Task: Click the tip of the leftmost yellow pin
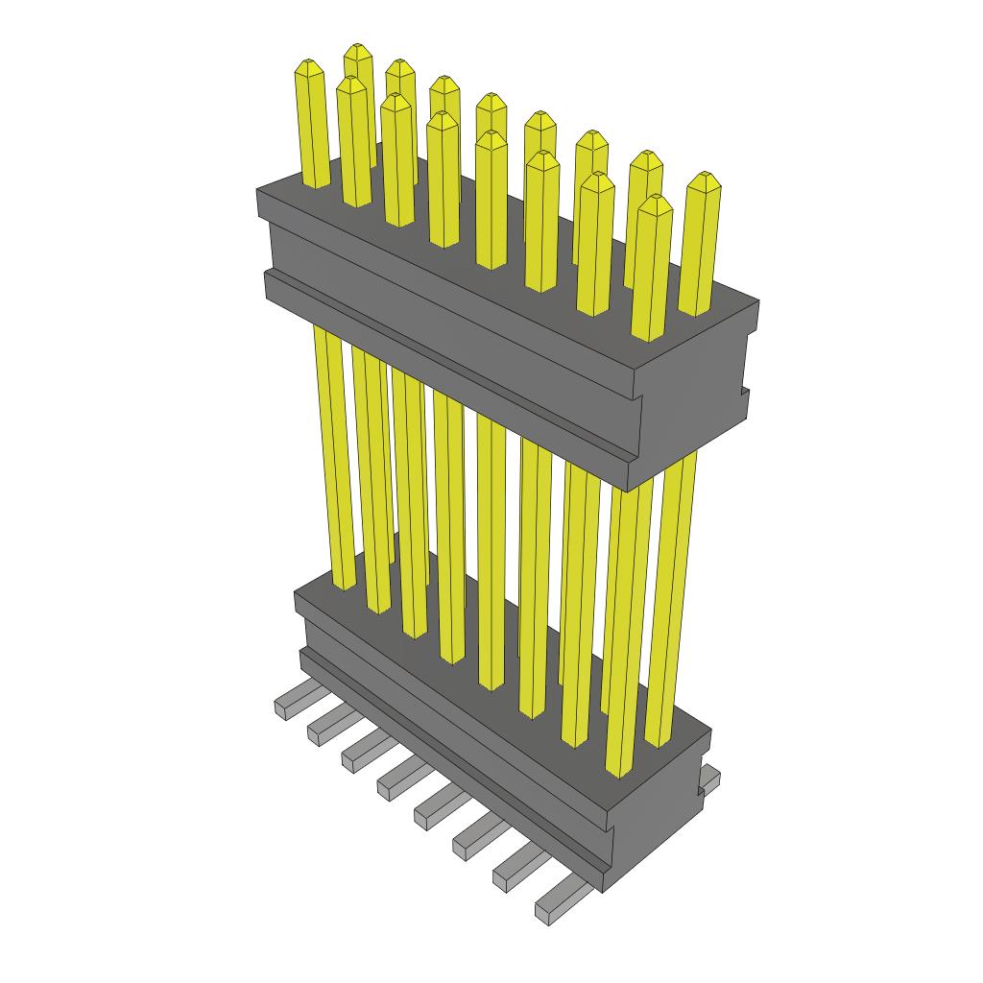coord(308,67)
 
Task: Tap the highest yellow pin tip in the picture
coord(358,51)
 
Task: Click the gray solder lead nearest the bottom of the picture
coord(562,902)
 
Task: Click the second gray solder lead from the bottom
coord(518,869)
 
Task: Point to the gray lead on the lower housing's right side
coord(709,778)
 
